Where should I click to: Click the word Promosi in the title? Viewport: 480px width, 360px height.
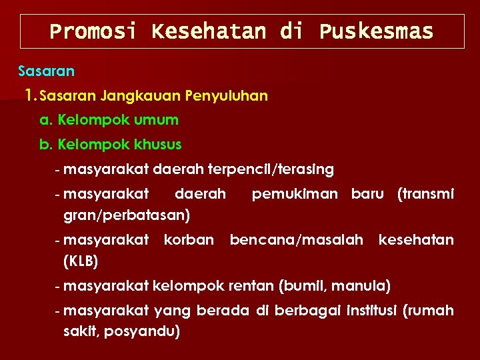click(93, 31)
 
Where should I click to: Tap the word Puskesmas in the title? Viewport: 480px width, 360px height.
click(376, 31)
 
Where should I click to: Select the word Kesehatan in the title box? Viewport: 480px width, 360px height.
click(209, 31)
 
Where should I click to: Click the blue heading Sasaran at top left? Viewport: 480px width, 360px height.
click(46, 70)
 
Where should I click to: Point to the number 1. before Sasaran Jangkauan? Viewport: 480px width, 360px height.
click(29, 95)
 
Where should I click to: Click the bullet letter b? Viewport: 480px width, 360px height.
click(46, 144)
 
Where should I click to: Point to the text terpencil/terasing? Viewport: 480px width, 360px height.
click(271, 169)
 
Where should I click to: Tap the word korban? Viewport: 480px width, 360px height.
click(189, 239)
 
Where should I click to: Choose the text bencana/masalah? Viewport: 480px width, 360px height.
click(297, 239)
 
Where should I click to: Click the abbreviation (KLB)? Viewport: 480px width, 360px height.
click(81, 261)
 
